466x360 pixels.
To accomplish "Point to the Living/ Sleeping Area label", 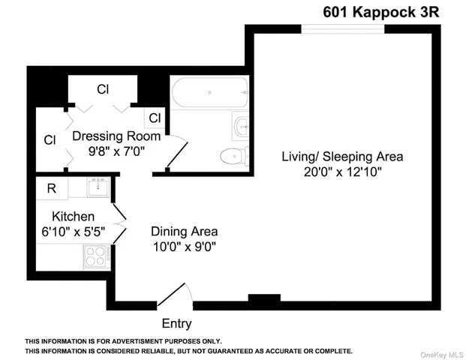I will point(342,157).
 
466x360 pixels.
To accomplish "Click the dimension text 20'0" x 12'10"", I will point(342,172).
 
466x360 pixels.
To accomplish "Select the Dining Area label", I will point(185,232).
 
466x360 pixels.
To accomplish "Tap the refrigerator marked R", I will point(52,188).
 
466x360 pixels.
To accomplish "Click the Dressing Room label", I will point(116,137).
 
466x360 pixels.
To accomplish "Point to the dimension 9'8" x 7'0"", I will point(116,151).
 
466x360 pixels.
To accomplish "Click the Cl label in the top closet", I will point(103,89).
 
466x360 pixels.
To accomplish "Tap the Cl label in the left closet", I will point(50,139).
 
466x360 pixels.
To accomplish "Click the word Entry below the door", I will point(176,324).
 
